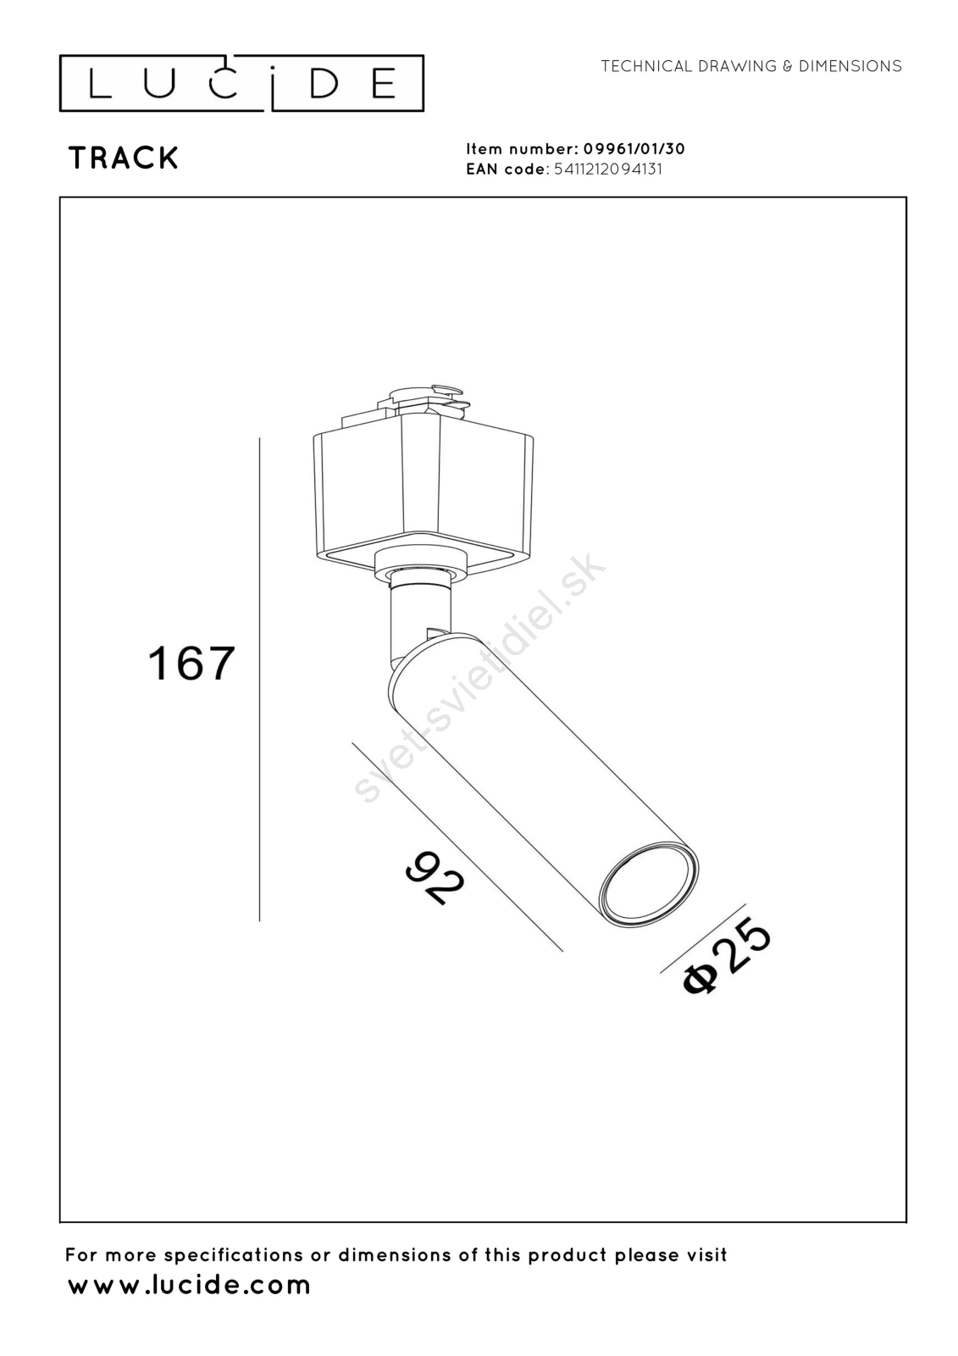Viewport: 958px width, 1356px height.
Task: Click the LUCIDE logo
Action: (241, 84)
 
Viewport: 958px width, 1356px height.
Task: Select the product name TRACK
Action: (124, 158)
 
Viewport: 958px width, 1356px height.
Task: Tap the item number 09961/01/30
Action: (634, 149)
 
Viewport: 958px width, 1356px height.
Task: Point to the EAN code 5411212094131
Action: (608, 169)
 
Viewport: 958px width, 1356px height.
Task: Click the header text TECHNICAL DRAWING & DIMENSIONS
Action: (751, 66)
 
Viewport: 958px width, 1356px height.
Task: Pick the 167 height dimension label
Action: (191, 664)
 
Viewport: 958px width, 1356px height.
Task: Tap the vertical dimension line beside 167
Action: (260, 679)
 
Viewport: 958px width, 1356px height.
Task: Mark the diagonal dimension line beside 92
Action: (457, 847)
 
